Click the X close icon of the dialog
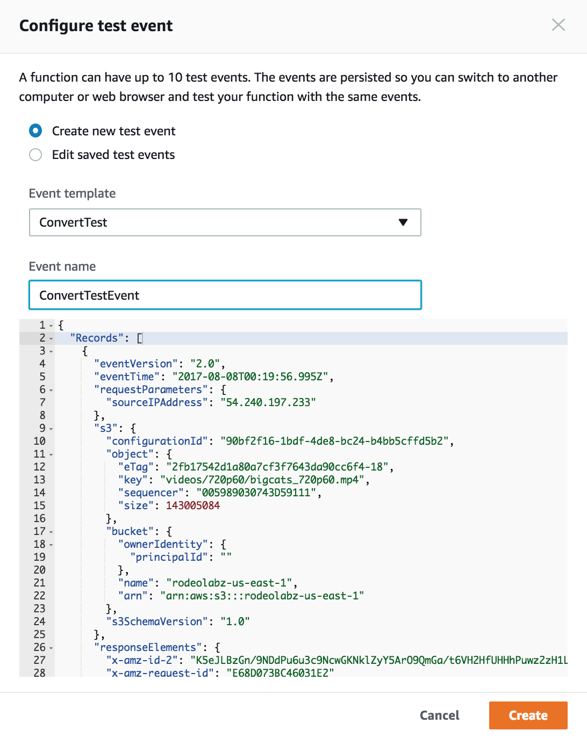558,25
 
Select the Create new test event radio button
35,131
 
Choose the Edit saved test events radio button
35,155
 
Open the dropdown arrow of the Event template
403,222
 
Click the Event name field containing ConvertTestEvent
225,295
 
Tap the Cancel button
439,715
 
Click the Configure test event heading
96,26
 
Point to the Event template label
72,193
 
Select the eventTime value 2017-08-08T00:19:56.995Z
250,377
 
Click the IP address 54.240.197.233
268,402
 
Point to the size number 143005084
193,505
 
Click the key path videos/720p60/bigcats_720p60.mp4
262,480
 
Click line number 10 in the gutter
39,441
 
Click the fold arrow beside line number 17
51,532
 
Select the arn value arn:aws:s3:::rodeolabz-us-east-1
262,596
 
